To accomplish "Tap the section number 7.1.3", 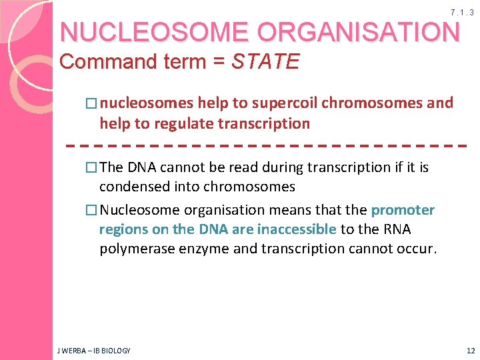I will click(x=462, y=13).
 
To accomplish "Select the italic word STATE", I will click(x=265, y=62).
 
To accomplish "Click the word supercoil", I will click(x=285, y=103).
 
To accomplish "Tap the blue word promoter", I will click(x=403, y=210).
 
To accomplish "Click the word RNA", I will click(x=397, y=230).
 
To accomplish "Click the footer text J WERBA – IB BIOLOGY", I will click(x=93, y=350).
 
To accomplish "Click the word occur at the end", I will click(x=418, y=250).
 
